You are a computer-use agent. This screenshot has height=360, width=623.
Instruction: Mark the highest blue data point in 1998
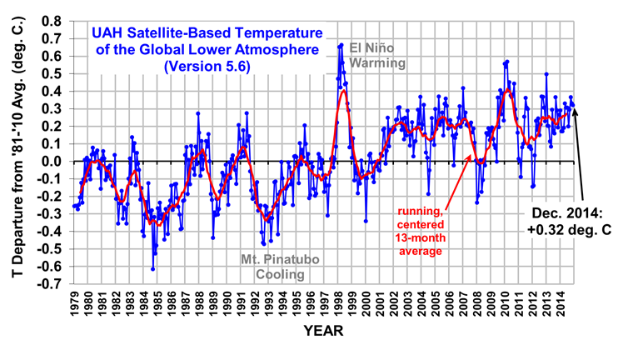pos(341,45)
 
